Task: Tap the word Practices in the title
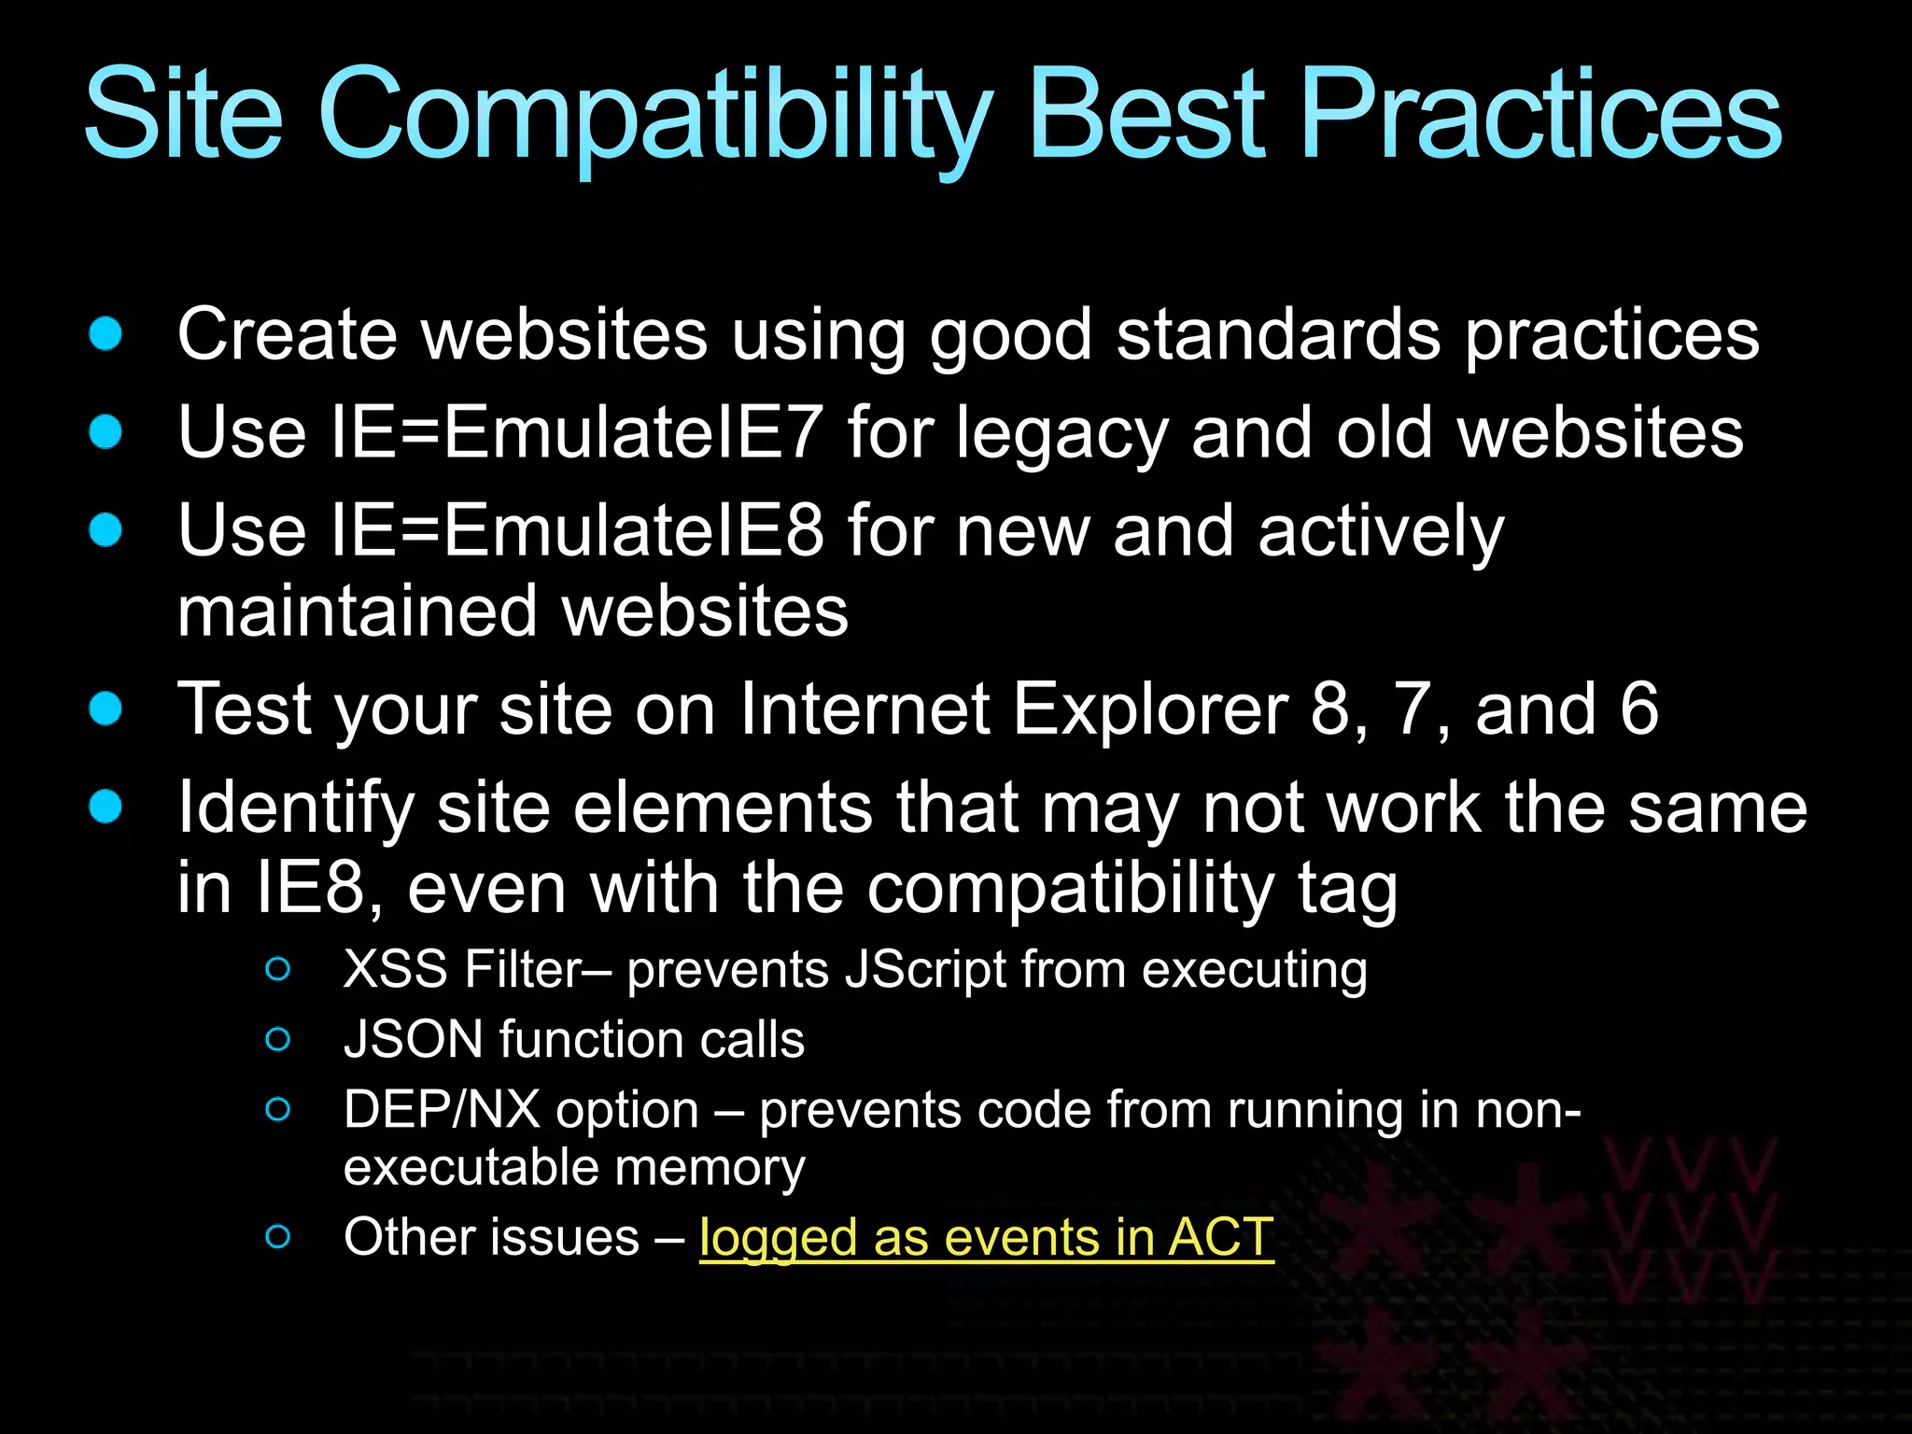coord(1540,117)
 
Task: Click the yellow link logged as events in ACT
coord(986,1237)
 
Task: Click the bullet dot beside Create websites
coord(105,333)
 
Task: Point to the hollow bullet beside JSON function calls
coord(277,1039)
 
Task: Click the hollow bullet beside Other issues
coord(277,1237)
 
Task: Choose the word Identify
coord(295,808)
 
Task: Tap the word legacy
coord(1061,434)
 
